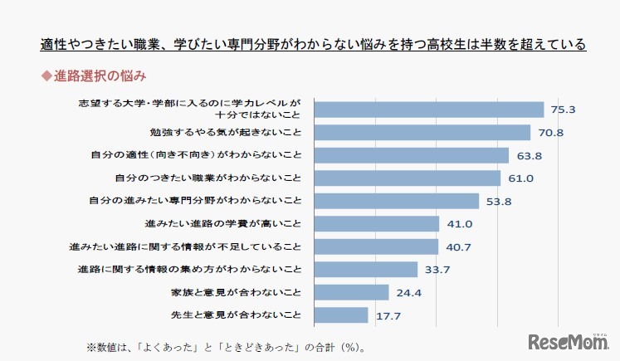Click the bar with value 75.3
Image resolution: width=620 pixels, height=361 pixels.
coord(428,109)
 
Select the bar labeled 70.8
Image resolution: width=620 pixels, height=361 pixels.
coord(422,132)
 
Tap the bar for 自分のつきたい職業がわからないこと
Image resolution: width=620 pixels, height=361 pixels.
coord(407,178)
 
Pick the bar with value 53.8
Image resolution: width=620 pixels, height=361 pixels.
coord(396,201)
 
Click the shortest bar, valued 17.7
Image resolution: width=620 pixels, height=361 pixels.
coord(340,315)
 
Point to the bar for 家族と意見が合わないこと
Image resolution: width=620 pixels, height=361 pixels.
coord(351,292)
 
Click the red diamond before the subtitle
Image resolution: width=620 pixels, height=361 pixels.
coord(46,76)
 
